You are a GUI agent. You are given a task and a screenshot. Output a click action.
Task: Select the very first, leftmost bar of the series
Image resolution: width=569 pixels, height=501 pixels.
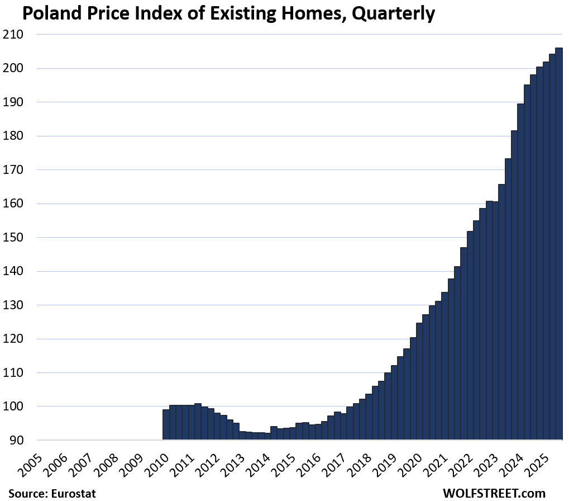(x=166, y=425)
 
